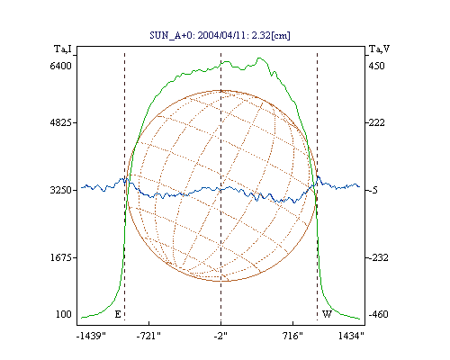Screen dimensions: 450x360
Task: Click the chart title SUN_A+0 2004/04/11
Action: (220, 35)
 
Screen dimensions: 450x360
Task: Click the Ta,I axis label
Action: (63, 49)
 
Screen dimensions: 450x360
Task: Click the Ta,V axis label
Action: (379, 49)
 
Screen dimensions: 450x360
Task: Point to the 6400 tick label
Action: (60, 66)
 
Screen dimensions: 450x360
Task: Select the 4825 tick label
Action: (60, 122)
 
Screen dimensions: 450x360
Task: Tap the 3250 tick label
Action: (60, 190)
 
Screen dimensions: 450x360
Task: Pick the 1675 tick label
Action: (60, 257)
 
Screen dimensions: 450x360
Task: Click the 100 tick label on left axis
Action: (64, 314)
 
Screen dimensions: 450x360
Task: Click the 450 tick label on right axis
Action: (376, 66)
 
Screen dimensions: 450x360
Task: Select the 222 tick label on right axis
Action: (376, 122)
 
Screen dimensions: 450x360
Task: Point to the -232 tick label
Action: (378, 257)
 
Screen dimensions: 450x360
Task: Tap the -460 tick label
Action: (378, 314)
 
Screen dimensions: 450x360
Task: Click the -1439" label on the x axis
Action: (91, 336)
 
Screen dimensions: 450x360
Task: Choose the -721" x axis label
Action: (148, 336)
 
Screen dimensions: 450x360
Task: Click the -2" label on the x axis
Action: (220, 336)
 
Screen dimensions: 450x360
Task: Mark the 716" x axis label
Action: (292, 336)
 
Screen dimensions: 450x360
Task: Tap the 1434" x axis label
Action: (351, 336)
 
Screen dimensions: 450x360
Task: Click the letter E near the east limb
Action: (118, 314)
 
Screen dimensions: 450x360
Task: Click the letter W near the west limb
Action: (327, 314)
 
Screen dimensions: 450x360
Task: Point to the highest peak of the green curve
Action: (259, 58)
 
